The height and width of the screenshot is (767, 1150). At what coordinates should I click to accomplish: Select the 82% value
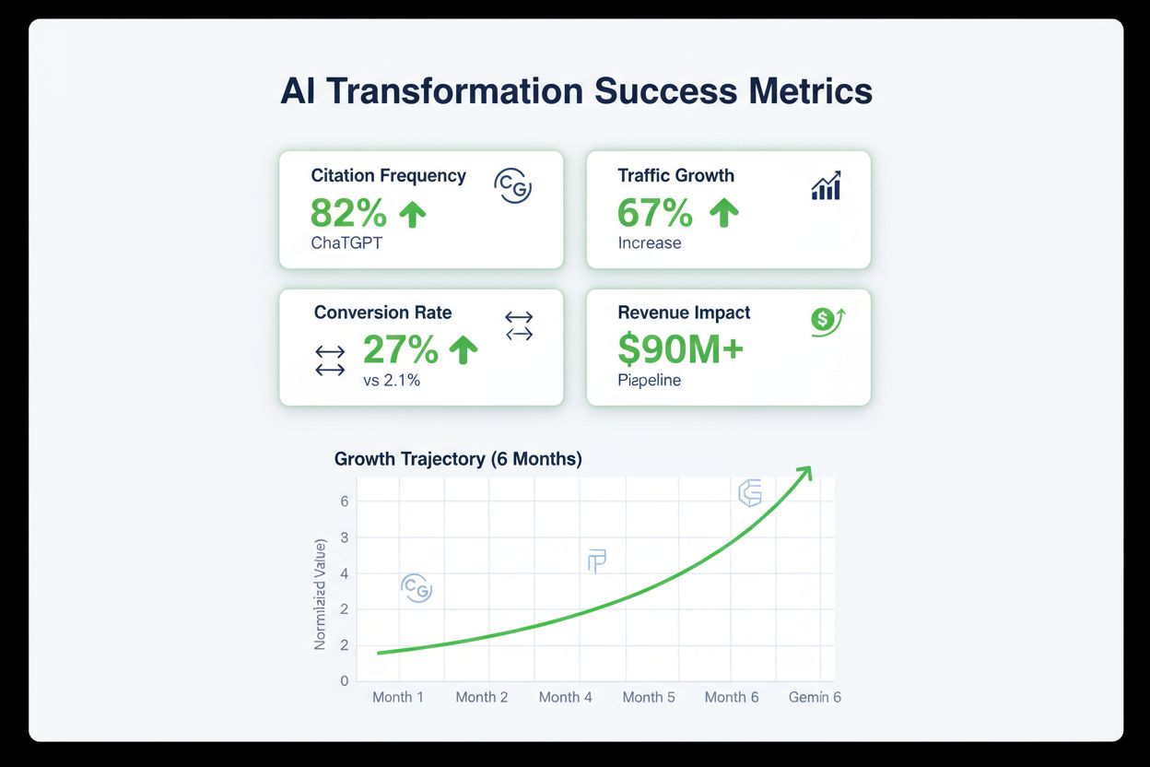pos(348,213)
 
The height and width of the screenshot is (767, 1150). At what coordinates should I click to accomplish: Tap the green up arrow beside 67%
pos(724,213)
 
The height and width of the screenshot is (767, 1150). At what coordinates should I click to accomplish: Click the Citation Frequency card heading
pos(388,175)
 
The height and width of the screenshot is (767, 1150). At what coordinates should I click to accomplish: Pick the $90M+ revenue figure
pos(680,349)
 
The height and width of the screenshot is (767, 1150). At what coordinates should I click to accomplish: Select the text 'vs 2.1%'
pos(392,380)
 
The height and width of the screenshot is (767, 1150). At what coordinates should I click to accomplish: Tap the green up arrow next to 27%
pos(463,349)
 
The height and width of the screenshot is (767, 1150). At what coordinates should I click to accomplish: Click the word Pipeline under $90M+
pos(650,380)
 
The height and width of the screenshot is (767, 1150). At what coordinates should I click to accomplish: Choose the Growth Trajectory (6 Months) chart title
pos(458,458)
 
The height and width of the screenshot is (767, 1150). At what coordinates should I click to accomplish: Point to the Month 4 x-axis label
pos(566,697)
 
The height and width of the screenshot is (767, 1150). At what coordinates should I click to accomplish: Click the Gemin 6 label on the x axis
pos(815,697)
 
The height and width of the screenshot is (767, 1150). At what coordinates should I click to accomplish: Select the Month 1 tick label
pos(398,697)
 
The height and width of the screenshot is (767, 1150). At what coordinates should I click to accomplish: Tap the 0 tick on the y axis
pos(345,680)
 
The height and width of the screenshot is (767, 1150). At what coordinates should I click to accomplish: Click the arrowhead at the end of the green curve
pos(804,472)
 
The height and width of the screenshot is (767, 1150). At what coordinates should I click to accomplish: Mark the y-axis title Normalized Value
pos(321,596)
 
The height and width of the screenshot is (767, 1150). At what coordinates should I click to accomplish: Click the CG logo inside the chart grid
pos(417,588)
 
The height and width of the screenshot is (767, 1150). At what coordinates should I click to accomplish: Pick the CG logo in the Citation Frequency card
pos(513,185)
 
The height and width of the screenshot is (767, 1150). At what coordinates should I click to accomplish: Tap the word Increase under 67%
pos(650,243)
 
